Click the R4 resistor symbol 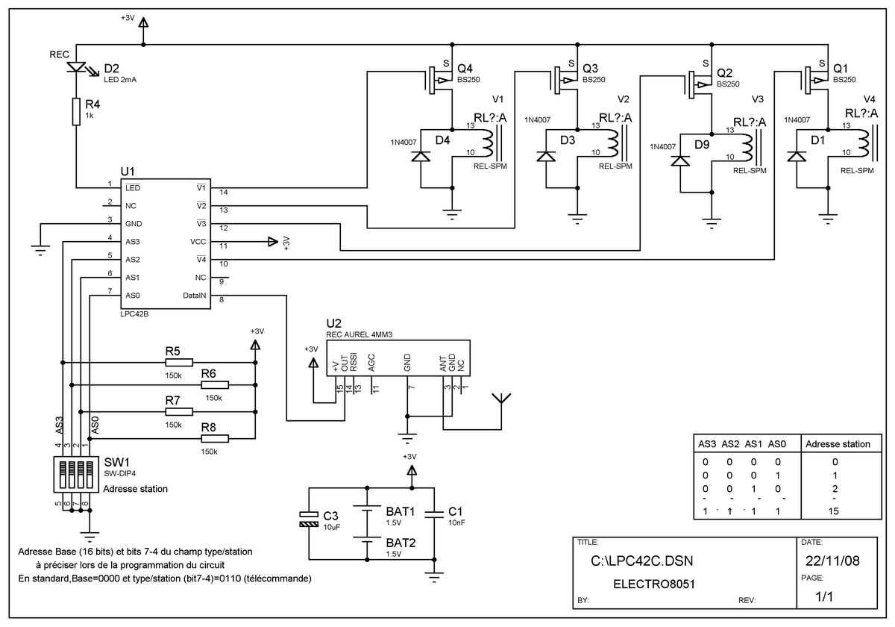76,111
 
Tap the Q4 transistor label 465,69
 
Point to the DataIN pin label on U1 194,296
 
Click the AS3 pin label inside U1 133,242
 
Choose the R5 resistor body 179,363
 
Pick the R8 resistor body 215,439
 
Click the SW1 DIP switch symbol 76,474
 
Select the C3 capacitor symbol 309,519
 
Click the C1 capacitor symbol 434,514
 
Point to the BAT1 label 401,511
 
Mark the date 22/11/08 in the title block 832,561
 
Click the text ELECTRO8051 654,584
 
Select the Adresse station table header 838,444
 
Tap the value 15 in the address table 834,511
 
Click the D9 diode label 702,144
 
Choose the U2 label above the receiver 333,323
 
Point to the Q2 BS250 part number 728,84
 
